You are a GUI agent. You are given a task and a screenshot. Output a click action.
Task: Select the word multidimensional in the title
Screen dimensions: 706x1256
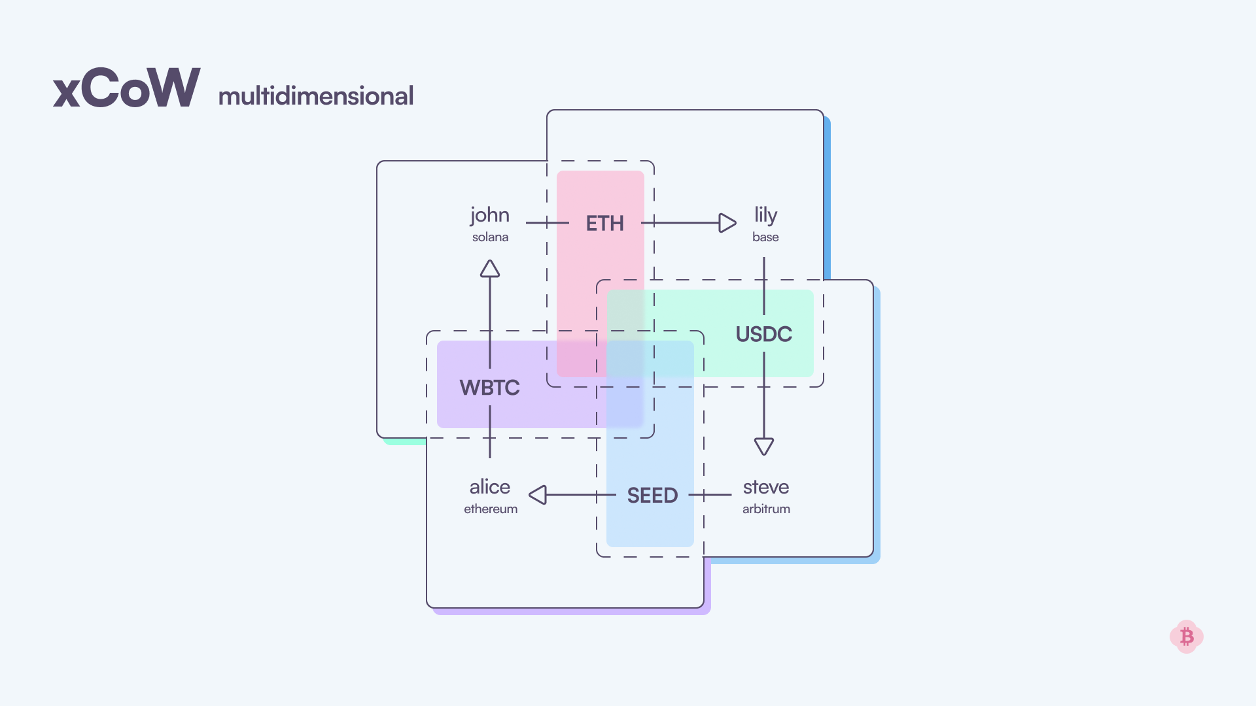(x=315, y=96)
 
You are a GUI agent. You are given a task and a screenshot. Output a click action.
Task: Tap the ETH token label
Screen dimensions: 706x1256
(x=604, y=224)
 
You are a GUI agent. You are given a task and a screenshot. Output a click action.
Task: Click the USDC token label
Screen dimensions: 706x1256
(x=763, y=334)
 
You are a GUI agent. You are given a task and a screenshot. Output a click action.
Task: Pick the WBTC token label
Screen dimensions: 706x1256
(x=489, y=388)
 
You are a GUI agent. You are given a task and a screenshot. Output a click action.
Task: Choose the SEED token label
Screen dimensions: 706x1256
(x=652, y=496)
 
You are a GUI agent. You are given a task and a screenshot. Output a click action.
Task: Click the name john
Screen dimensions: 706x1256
(x=489, y=216)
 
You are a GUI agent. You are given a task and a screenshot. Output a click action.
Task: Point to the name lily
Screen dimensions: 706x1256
(x=765, y=214)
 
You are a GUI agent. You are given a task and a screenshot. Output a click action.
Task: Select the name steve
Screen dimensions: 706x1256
(x=765, y=487)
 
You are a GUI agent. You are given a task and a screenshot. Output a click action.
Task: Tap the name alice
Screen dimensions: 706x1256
(x=489, y=487)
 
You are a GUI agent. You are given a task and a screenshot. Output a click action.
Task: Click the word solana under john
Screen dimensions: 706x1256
(x=490, y=237)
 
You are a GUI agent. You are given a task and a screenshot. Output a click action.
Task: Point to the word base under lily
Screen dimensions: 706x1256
(x=765, y=237)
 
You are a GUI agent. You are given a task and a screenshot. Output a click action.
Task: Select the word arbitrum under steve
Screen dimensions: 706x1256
(x=766, y=509)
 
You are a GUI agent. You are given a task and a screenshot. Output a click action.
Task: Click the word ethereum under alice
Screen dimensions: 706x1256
(x=491, y=509)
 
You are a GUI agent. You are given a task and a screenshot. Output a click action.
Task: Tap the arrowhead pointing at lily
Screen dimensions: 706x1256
(x=727, y=223)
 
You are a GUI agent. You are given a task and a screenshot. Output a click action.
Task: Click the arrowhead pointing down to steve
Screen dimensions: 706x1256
(x=764, y=446)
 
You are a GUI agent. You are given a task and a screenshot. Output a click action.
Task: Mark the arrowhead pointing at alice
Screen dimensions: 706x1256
(x=538, y=495)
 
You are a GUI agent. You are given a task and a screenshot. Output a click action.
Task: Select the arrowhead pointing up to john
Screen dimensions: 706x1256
(x=490, y=269)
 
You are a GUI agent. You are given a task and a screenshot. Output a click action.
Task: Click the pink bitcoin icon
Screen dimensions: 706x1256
(x=1186, y=637)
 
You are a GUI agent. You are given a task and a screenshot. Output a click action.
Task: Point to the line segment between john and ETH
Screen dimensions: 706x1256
(x=546, y=223)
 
